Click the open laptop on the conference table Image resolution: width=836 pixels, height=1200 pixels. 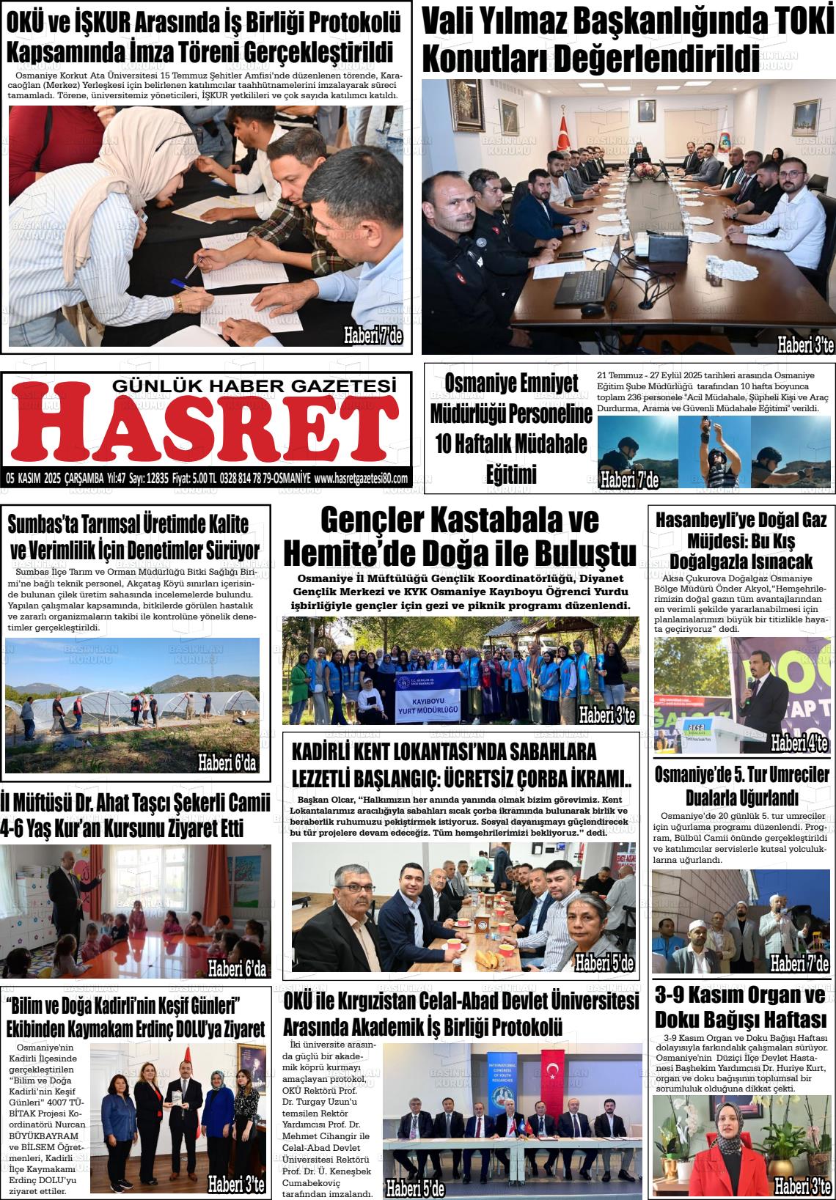pos(587,281)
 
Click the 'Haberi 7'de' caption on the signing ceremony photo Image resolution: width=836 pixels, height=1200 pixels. pos(372,336)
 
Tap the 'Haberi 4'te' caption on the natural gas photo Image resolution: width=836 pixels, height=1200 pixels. pos(799,744)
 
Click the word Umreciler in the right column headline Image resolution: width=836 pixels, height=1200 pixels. pos(793,775)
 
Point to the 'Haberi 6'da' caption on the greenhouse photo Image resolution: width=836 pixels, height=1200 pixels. pos(227,763)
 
